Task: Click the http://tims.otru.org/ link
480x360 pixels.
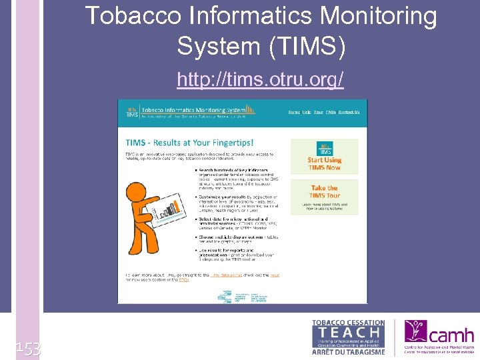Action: [x=260, y=80]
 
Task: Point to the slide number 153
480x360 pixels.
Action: [x=29, y=348]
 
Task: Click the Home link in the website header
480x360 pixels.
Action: [x=294, y=112]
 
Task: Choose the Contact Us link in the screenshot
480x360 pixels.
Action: [x=349, y=112]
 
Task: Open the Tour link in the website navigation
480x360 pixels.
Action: [x=319, y=112]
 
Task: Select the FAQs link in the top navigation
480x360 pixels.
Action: [x=331, y=112]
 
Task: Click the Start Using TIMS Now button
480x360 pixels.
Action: [x=325, y=157]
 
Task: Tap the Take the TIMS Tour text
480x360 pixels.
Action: [x=325, y=192]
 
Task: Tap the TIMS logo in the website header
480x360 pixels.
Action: [x=132, y=111]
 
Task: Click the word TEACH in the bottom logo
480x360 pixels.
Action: [x=348, y=332]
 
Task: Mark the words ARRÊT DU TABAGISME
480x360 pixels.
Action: [x=348, y=351]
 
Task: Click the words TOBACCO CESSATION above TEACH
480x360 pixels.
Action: [x=348, y=323]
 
